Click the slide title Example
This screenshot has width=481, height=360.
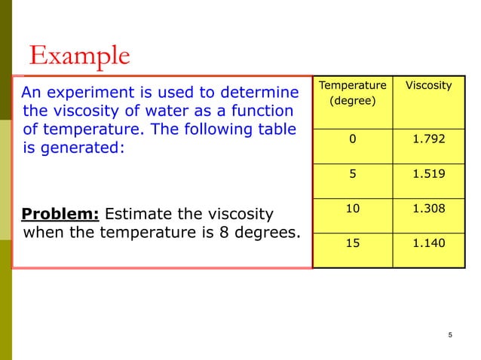79,56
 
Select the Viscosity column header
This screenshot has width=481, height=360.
428,86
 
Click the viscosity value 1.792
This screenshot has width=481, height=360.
428,139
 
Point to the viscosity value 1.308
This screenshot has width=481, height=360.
428,206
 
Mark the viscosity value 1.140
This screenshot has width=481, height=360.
428,243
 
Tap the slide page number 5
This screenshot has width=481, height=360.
449,335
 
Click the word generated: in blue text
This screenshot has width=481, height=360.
81,148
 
